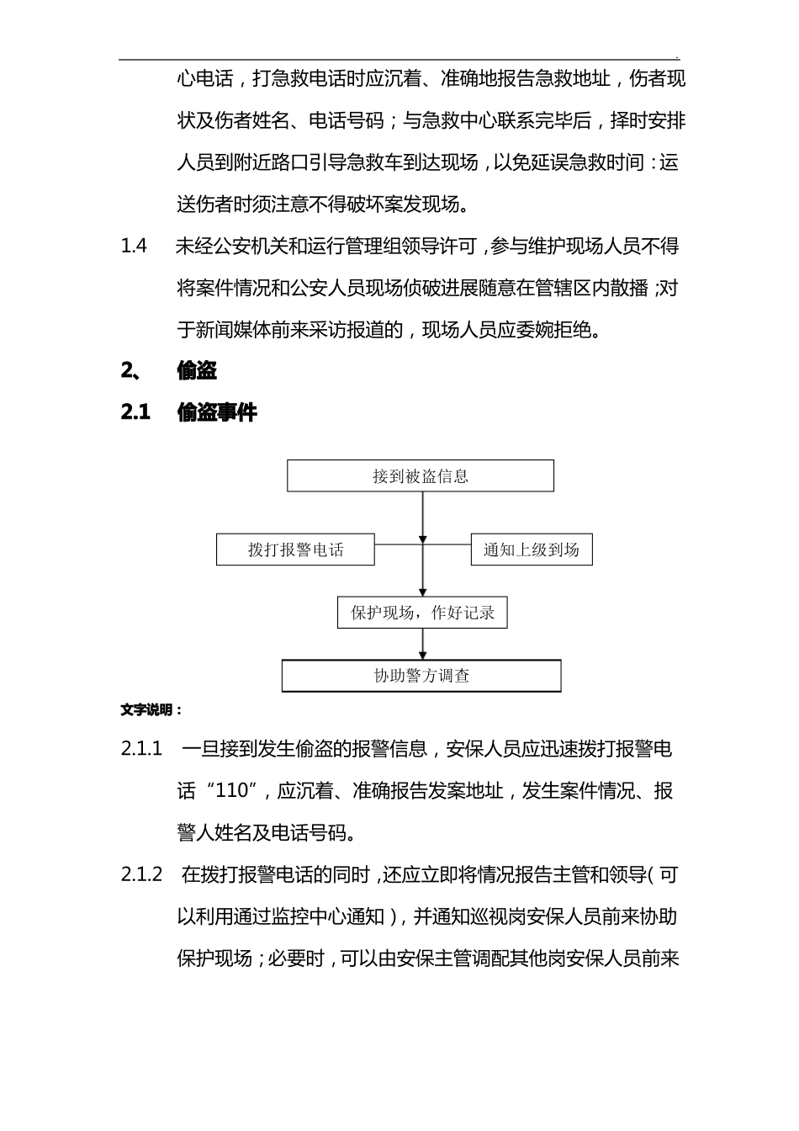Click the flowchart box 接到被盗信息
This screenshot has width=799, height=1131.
[421, 476]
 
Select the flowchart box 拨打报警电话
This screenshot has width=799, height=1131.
[295, 550]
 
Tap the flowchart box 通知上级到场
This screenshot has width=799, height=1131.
[531, 550]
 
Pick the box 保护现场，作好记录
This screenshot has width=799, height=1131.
[422, 613]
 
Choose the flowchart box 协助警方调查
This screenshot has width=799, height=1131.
[421, 676]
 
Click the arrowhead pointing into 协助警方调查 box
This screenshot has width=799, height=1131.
[423, 656]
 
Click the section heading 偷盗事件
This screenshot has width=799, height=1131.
[217, 412]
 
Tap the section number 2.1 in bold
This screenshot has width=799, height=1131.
[135, 412]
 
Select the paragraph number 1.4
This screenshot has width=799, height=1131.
[134, 247]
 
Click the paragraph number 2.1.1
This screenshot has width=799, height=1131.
[141, 749]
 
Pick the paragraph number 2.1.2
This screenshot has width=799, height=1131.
[141, 875]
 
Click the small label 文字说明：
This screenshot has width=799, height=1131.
[151, 710]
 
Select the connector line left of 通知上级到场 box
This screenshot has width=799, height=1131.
[447, 544]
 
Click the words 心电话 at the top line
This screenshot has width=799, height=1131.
[205, 80]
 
